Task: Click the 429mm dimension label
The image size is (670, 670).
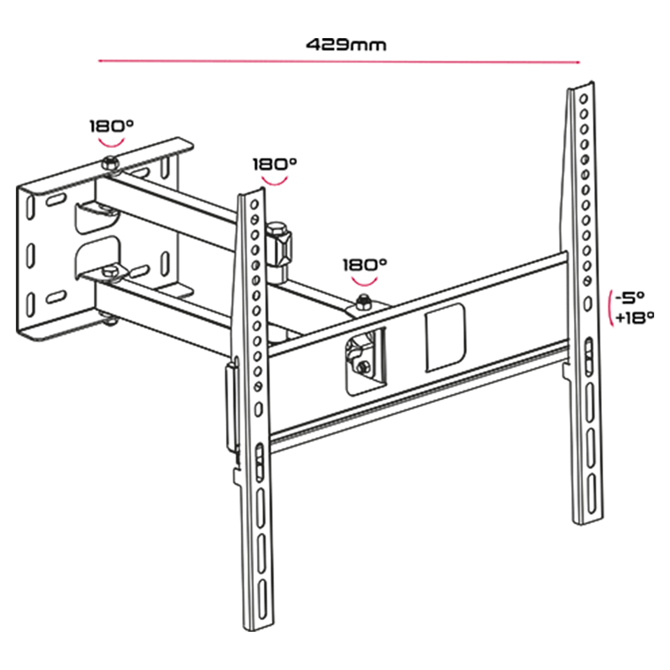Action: coord(346,44)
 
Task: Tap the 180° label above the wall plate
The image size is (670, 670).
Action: coord(111,126)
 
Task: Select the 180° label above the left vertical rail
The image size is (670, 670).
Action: coord(275,164)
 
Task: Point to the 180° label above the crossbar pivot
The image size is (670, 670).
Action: coord(365,265)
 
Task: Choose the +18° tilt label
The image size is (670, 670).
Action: coord(634,318)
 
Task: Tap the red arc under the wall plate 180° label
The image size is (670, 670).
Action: coord(111,143)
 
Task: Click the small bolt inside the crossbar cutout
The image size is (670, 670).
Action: coord(362,365)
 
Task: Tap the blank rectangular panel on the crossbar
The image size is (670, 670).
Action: coord(445,338)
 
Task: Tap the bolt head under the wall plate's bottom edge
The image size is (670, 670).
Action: coord(110,322)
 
